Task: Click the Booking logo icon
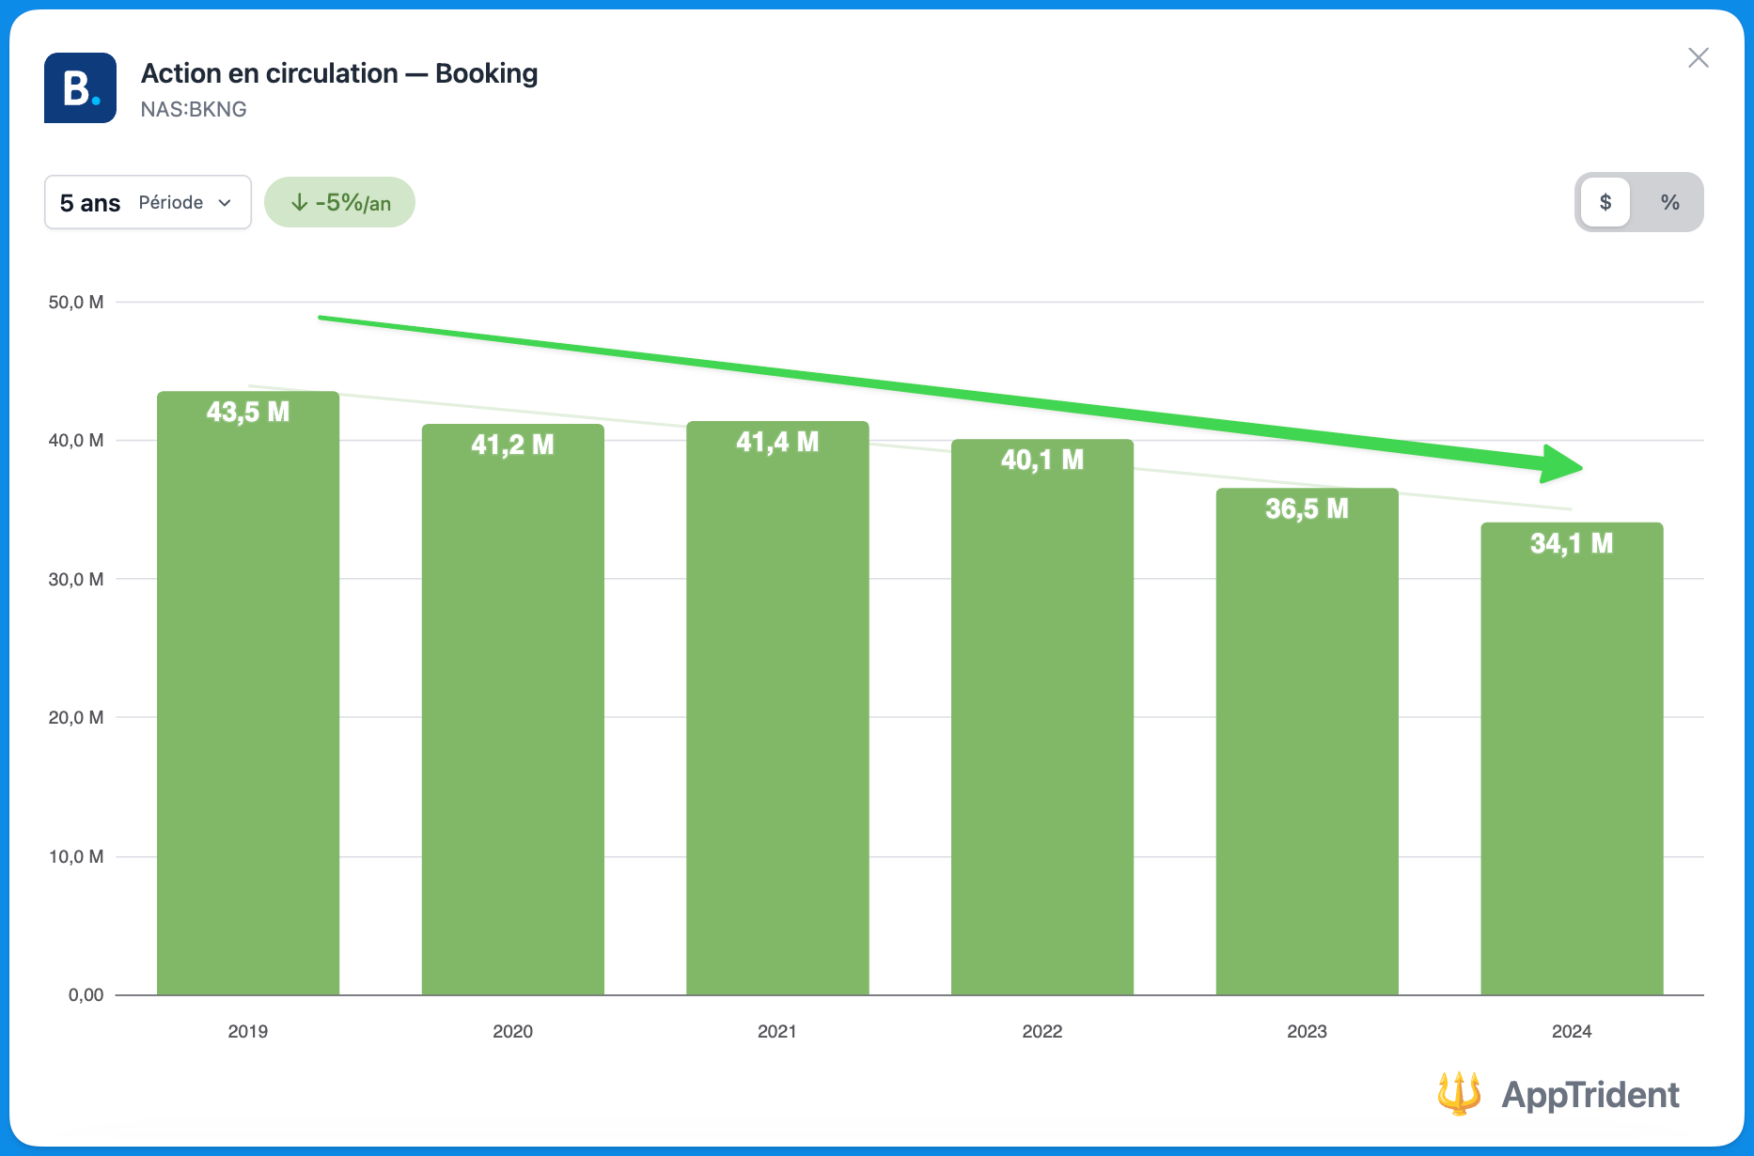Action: coord(81,88)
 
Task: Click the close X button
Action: coord(1698,58)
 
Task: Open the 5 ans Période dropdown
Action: coord(148,202)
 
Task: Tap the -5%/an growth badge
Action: coord(339,202)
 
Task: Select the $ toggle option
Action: coord(1605,202)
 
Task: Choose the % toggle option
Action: coord(1669,202)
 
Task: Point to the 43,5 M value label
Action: coord(248,412)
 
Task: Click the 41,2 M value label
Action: coord(512,445)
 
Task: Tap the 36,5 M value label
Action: coord(1307,509)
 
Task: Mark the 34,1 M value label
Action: coord(1571,543)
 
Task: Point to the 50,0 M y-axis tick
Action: coord(76,303)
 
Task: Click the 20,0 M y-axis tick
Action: coord(76,718)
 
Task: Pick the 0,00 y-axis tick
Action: coord(86,995)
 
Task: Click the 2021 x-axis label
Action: coord(776,1031)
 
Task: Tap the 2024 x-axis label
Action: coord(1571,1031)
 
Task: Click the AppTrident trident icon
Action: coord(1459,1093)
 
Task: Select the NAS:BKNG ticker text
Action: coord(194,110)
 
